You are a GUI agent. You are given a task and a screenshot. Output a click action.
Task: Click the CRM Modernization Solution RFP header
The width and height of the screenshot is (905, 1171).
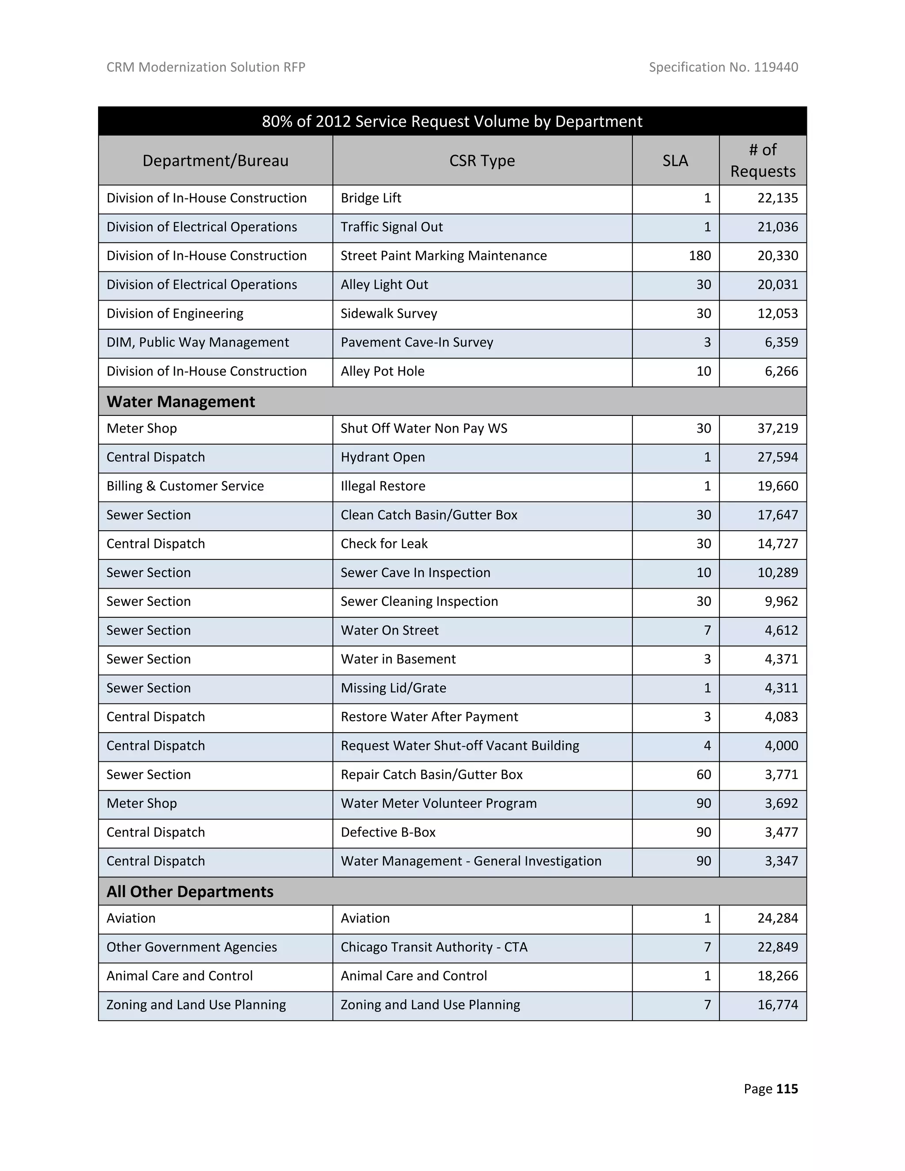[206, 67]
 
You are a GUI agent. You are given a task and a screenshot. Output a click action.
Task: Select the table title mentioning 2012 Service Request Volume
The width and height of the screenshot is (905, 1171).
[452, 121]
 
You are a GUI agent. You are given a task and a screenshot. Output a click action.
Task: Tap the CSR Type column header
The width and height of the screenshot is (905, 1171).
[482, 160]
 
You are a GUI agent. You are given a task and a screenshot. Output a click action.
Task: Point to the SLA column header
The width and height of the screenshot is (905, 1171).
[675, 160]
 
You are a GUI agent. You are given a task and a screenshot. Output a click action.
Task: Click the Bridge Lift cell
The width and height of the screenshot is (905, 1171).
[371, 198]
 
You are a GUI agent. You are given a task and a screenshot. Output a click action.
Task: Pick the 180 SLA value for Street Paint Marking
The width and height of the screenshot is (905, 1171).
[700, 256]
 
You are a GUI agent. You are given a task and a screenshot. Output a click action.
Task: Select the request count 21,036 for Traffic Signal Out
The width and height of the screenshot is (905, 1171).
[777, 227]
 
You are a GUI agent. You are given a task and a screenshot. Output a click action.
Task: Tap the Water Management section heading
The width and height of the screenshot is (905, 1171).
[181, 402]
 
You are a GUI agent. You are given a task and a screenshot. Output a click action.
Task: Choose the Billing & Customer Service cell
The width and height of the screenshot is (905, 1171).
[185, 487]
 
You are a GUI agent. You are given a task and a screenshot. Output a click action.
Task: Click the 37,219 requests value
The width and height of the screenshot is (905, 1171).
[777, 428]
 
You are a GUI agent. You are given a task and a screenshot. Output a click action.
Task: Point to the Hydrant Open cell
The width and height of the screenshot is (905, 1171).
[383, 457]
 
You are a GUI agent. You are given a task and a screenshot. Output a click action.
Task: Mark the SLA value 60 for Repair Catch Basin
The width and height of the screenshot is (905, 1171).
[703, 775]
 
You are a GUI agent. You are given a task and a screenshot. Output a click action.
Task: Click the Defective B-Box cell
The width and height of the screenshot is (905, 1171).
[388, 832]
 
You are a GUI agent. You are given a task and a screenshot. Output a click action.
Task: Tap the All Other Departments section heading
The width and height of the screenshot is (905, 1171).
[190, 892]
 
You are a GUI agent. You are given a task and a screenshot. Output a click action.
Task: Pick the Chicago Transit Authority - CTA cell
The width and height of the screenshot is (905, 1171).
[434, 947]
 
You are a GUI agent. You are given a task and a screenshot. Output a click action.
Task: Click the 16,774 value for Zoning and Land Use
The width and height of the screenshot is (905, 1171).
[777, 1005]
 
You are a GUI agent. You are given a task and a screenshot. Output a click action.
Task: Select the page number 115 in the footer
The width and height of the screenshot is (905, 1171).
[787, 1088]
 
